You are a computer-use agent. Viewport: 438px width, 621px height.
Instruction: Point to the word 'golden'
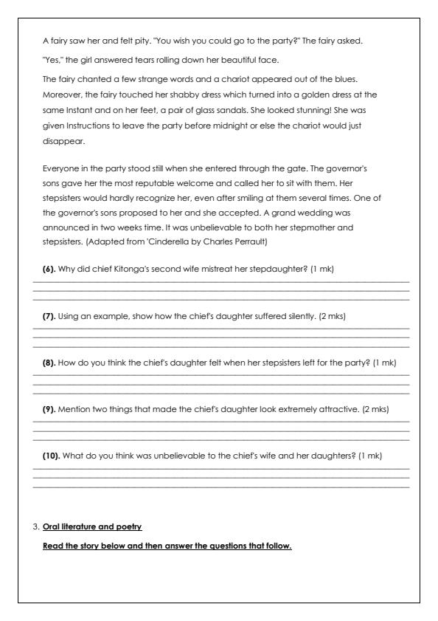click(x=327, y=94)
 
